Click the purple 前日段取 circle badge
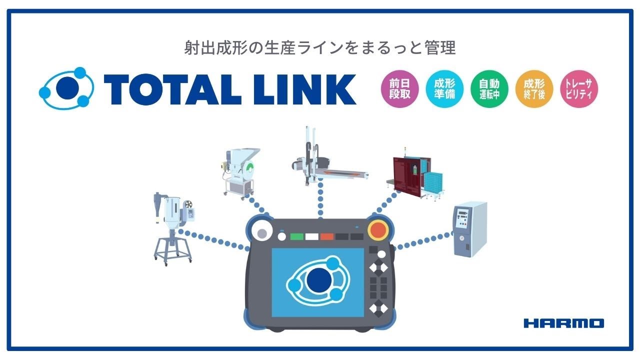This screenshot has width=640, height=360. tap(399, 89)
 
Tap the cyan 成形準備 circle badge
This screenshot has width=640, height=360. tap(444, 89)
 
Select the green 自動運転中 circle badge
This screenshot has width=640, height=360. tap(489, 89)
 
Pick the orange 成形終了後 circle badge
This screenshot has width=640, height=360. tap(534, 89)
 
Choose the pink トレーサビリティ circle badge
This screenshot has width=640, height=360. tap(579, 89)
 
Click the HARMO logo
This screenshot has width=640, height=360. tap(563, 323)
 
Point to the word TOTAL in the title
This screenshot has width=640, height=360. tap(172, 89)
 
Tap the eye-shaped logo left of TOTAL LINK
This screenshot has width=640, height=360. tap(66, 88)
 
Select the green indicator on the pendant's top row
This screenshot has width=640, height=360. tap(296, 236)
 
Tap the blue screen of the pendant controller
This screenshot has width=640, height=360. tap(317, 282)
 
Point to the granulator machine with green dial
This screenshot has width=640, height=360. tap(240, 173)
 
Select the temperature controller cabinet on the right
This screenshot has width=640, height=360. tap(470, 229)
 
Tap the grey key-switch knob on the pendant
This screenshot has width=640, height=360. tap(262, 233)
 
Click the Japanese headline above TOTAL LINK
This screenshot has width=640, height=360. tap(319, 47)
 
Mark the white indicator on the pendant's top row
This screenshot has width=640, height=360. tap(311, 236)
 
